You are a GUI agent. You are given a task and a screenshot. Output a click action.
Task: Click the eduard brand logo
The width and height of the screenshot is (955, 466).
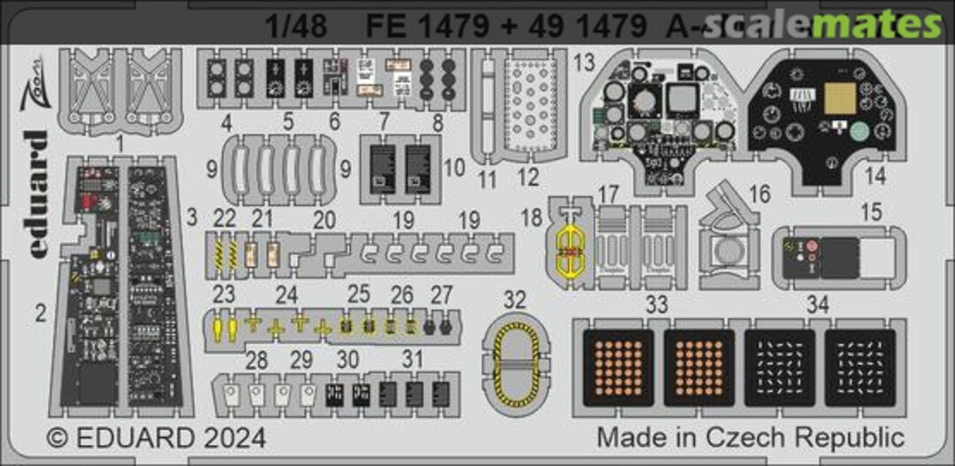(x=35, y=195)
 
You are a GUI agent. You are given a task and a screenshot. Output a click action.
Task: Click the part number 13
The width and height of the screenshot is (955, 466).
(x=584, y=63)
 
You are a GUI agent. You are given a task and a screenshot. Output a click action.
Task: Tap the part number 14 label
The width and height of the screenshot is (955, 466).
(x=875, y=175)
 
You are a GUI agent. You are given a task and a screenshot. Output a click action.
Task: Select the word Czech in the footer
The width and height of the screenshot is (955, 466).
(x=767, y=437)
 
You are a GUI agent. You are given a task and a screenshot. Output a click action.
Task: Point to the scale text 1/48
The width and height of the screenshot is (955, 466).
(x=296, y=27)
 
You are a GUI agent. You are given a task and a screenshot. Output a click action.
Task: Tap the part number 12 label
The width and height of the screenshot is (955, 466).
(x=528, y=177)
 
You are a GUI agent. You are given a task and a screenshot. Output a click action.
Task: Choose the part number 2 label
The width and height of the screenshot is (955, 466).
(x=41, y=311)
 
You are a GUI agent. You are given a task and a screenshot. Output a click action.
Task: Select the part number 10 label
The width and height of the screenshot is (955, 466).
(x=454, y=165)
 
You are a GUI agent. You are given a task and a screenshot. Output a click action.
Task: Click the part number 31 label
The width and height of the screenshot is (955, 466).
(x=411, y=360)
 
